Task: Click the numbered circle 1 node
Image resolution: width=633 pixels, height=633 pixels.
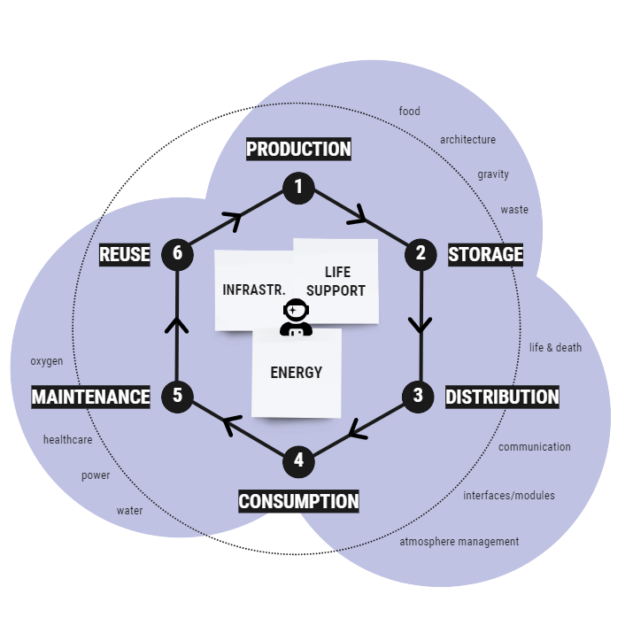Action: [298, 187]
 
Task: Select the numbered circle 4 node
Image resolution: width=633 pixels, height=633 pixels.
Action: [298, 460]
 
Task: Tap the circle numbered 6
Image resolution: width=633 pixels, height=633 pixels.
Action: [177, 254]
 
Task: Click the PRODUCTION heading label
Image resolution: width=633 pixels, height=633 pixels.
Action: [298, 149]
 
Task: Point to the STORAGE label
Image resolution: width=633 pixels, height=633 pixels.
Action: [485, 255]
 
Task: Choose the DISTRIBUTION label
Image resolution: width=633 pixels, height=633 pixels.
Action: [502, 398]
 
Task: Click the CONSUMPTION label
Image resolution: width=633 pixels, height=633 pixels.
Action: [298, 501]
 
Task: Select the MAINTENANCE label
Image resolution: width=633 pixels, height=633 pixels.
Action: [91, 397]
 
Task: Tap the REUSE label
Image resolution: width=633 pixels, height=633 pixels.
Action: [125, 255]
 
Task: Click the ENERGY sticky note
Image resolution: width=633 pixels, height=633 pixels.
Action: [297, 373]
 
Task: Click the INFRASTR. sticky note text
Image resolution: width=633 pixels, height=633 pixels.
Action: [254, 289]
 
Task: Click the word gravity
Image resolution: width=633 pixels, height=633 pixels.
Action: [493, 174]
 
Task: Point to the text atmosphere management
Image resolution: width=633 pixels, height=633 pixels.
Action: [459, 542]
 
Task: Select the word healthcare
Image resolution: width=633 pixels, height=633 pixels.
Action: [68, 440]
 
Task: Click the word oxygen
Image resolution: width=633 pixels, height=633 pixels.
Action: [47, 361]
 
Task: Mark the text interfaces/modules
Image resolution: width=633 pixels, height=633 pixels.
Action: [509, 496]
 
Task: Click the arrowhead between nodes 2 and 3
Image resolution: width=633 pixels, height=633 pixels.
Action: [421, 324]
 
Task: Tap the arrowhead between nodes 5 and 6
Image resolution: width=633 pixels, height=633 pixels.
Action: [177, 325]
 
